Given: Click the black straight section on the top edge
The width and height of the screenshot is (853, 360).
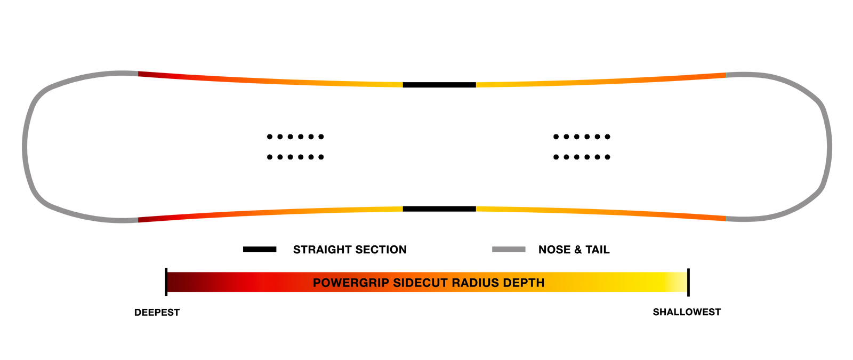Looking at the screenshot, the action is point(439,85).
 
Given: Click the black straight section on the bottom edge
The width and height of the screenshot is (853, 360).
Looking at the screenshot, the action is point(439,209).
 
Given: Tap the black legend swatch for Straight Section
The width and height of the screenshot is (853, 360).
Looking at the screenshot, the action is point(260,250).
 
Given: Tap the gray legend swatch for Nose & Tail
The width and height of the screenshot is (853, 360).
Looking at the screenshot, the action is point(509,250).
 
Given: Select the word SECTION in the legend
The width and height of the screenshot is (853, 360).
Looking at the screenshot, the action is point(380,250).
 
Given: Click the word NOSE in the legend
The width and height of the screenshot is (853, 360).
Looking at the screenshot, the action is point(554,250).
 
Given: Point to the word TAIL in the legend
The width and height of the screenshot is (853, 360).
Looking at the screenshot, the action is point(598,250).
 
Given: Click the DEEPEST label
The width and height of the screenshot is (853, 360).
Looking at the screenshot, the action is point(157,313).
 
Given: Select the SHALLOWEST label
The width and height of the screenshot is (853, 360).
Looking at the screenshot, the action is point(687,312).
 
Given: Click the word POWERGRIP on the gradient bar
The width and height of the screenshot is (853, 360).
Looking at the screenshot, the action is point(351,283).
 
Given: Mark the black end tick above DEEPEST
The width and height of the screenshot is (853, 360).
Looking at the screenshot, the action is point(166,282).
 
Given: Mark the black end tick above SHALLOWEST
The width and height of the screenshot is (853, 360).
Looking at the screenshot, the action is point(688,282).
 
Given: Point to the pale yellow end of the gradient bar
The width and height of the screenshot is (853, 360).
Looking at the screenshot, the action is point(680,282).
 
